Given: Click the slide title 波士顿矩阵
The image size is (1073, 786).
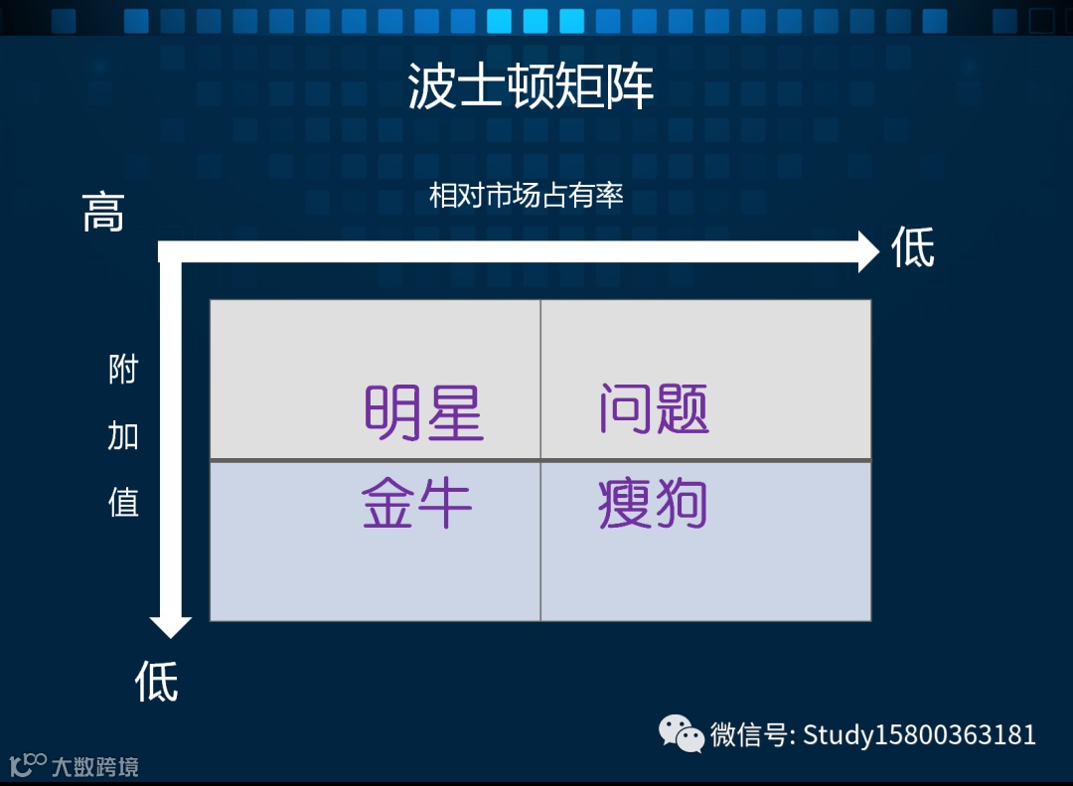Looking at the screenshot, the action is click(x=531, y=87).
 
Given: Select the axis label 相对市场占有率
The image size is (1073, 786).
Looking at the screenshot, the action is click(x=526, y=196).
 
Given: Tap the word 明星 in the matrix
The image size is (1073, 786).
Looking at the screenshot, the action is click(x=424, y=412).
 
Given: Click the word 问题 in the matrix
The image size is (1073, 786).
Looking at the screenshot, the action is click(x=654, y=408).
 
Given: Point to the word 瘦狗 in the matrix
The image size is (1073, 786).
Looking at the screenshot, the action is click(x=653, y=504).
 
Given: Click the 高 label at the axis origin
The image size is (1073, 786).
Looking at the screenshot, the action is click(x=103, y=212).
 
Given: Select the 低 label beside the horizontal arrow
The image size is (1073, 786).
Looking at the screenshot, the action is click(x=912, y=247).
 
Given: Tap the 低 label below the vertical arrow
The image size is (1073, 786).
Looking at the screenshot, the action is click(x=156, y=682).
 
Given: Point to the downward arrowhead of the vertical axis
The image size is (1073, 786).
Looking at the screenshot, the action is click(x=171, y=626).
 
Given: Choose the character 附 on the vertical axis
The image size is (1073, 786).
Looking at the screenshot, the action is click(x=123, y=371).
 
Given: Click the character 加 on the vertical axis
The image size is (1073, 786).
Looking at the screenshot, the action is click(x=123, y=436).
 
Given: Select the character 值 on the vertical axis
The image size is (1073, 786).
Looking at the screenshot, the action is click(x=123, y=502).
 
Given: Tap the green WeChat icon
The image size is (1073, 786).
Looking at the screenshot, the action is click(x=682, y=733).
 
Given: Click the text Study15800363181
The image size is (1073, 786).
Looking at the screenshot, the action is click(x=919, y=735).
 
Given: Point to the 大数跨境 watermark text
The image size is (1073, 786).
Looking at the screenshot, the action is click(x=95, y=767).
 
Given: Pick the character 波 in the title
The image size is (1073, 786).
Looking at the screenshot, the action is click(x=432, y=87).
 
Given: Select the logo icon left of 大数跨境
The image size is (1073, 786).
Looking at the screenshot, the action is click(x=28, y=765).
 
